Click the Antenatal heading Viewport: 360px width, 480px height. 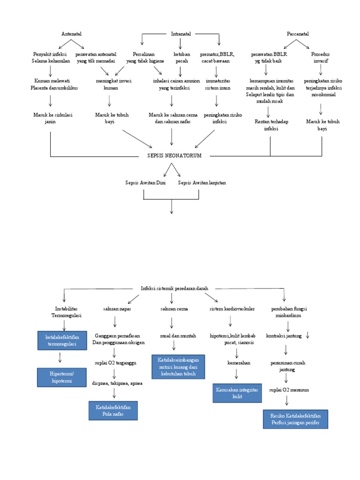71,34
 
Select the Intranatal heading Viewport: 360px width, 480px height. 181,34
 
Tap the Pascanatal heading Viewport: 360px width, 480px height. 298,34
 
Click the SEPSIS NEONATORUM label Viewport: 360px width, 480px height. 174,156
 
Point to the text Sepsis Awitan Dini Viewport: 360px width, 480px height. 145,182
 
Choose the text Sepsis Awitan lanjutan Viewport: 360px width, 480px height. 202,182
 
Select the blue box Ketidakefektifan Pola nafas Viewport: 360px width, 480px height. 113,411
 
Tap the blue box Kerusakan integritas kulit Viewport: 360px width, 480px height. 236,392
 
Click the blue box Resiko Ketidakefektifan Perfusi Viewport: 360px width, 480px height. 295,419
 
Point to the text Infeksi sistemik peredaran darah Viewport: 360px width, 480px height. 174,288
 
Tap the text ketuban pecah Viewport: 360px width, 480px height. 182,58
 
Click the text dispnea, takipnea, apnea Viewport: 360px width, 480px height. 117,383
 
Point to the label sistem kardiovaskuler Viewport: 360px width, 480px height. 232,309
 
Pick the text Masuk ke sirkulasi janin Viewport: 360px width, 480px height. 50,118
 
